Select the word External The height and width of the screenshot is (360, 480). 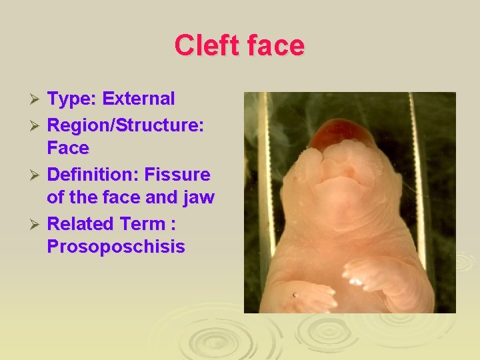click(139, 99)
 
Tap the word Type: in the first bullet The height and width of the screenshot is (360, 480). click(72, 99)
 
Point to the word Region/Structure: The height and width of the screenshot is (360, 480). click(125, 124)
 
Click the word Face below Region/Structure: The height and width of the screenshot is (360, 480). click(68, 147)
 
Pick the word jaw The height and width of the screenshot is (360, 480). click(198, 198)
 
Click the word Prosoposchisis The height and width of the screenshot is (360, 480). click(116, 247)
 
